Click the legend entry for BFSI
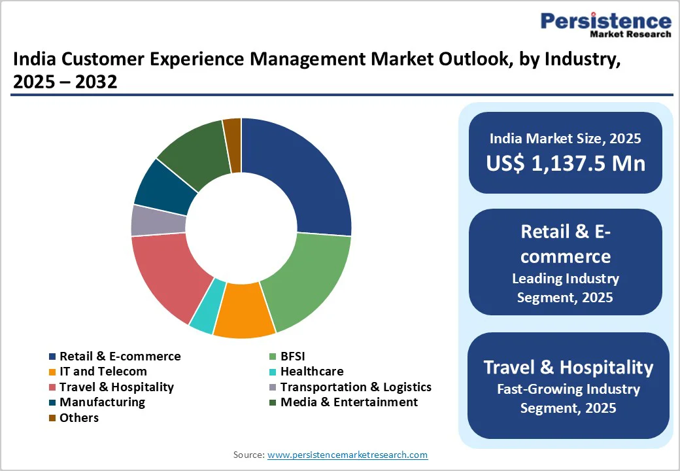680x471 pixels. coord(292,357)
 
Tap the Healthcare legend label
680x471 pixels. coord(311,372)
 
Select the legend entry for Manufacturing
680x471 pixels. coord(102,402)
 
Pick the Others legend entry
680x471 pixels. coord(78,417)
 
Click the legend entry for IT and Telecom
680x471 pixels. coord(103,372)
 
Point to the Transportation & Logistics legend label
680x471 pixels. coord(355,387)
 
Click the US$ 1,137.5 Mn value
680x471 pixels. coord(565,163)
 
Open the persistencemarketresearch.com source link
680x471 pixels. coord(347,455)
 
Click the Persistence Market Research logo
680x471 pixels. coord(605,25)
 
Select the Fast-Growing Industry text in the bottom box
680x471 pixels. coord(565,389)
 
